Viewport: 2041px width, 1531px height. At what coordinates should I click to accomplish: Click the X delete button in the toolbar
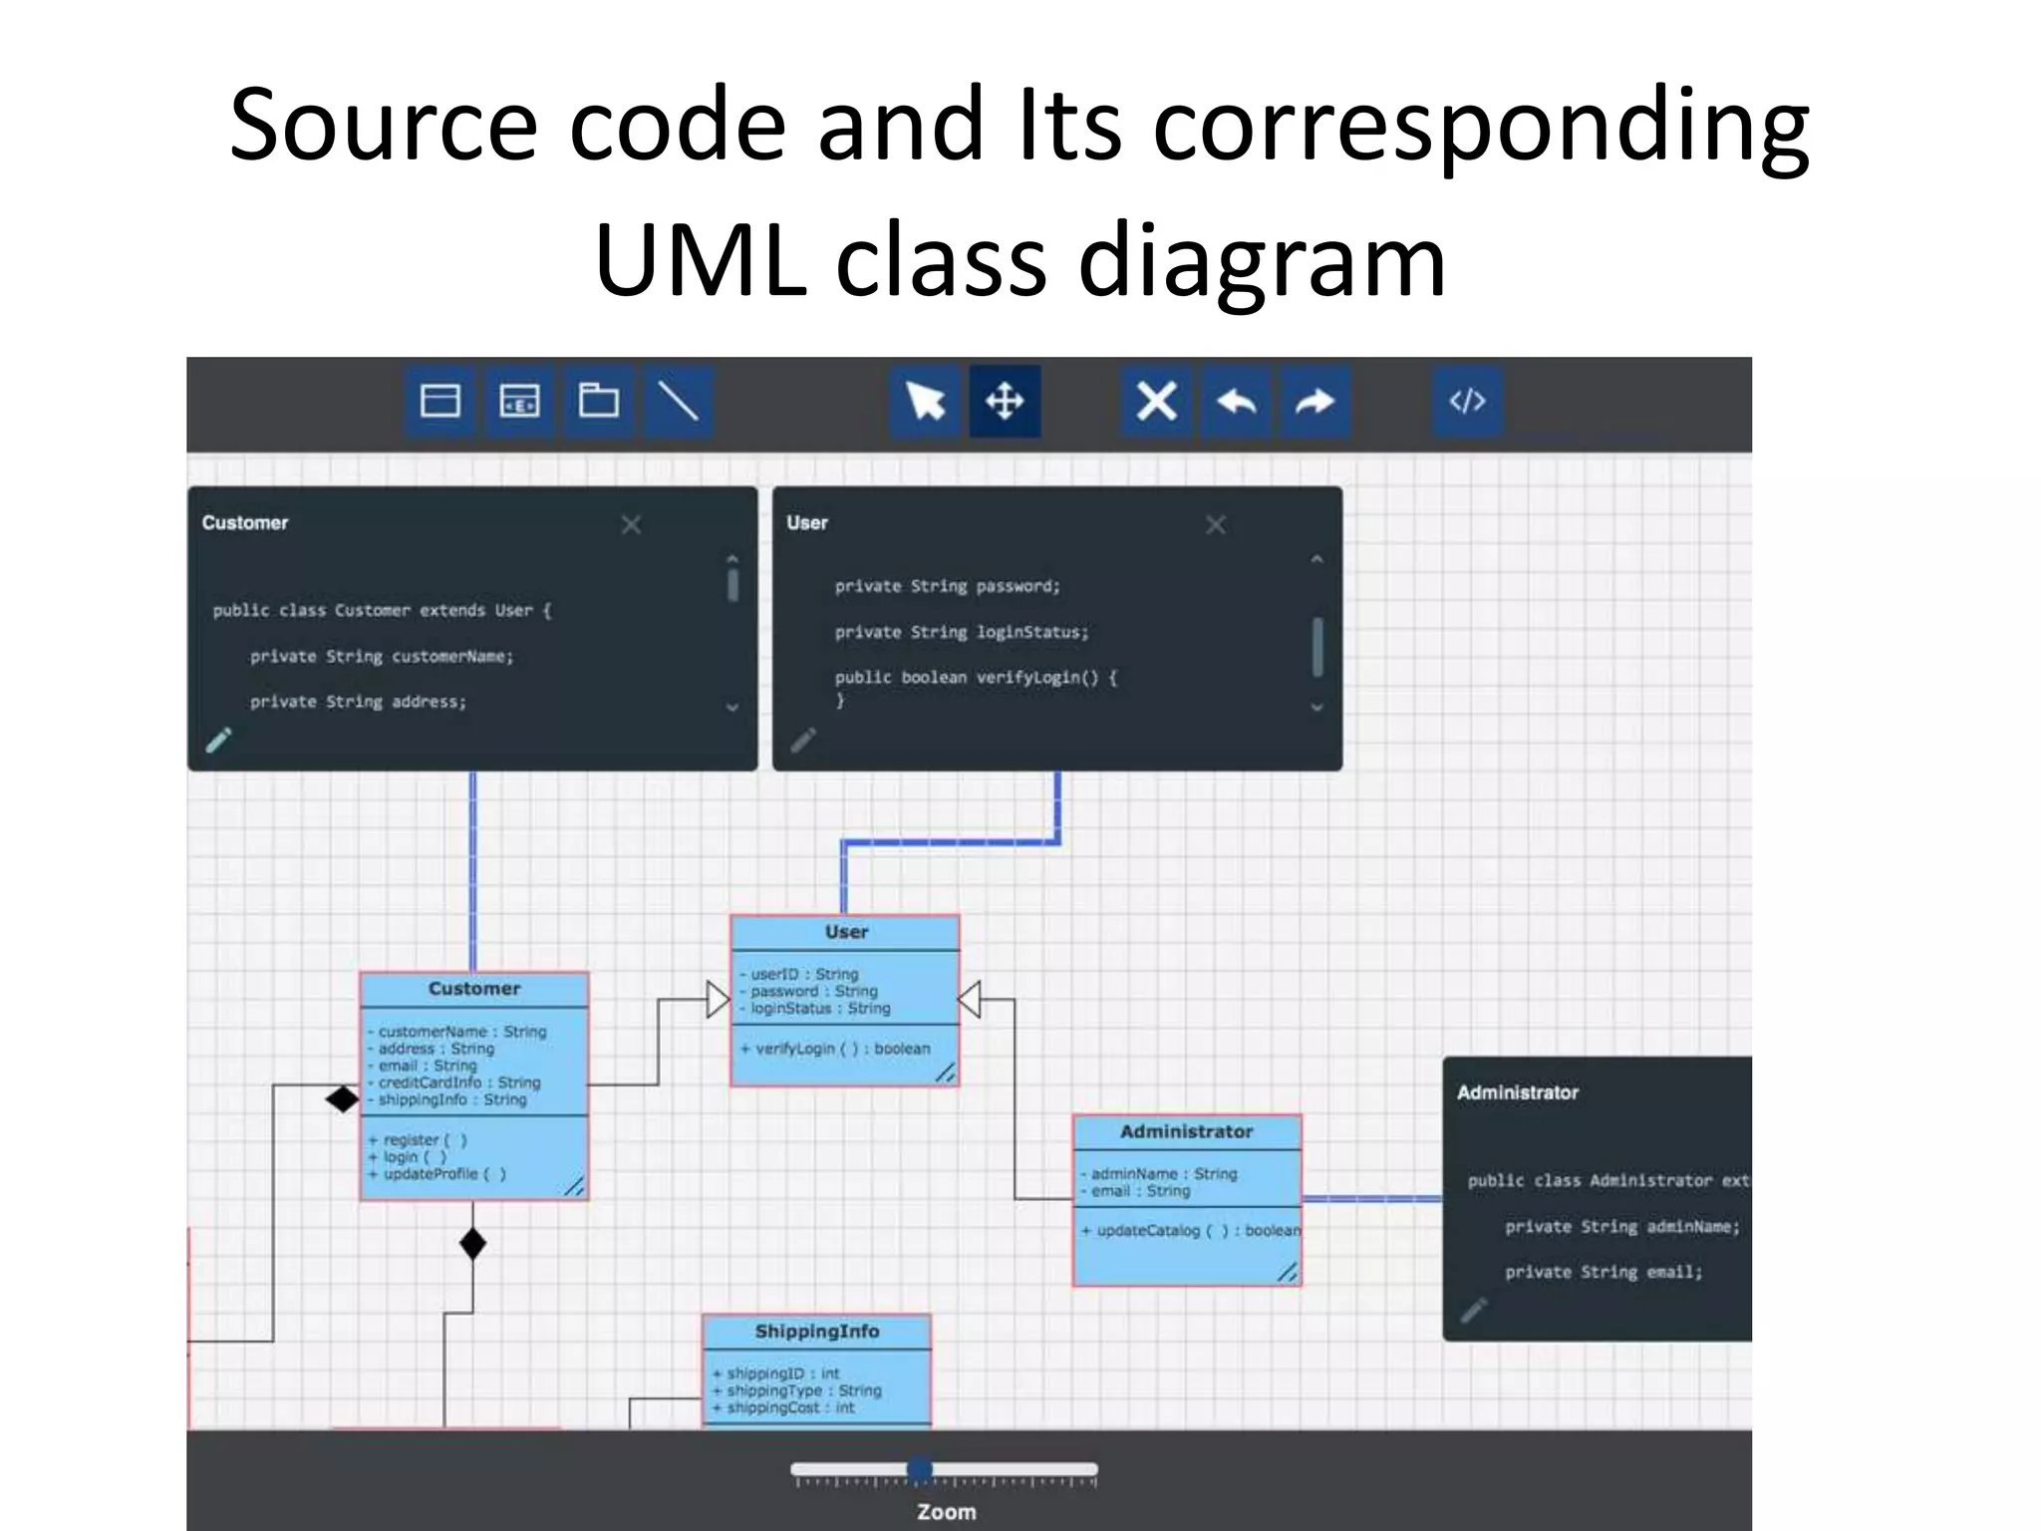point(1156,402)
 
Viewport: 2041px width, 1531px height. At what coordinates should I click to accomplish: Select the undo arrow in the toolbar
point(1236,402)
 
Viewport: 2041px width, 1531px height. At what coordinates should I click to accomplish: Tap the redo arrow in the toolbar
point(1314,402)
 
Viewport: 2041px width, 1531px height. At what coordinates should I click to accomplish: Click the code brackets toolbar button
point(1467,402)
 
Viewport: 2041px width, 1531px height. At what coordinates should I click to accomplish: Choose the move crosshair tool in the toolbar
point(1005,402)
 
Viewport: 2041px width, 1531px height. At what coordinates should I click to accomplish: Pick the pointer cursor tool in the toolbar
point(926,402)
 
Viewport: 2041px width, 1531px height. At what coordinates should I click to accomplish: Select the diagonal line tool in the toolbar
point(678,402)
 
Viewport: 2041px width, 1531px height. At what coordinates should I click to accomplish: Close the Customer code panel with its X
point(631,524)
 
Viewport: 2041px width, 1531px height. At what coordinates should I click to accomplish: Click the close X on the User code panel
point(1216,524)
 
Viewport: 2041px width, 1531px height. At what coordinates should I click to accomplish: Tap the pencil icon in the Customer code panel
point(218,740)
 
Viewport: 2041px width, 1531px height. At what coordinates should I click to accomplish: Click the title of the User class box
point(846,932)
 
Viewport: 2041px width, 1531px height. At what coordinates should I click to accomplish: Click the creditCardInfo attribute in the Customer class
point(458,1082)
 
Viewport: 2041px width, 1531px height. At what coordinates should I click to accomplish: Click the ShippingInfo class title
point(817,1332)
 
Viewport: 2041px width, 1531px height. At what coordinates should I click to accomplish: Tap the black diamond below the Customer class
point(473,1244)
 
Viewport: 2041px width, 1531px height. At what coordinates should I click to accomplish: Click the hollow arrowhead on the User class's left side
point(718,999)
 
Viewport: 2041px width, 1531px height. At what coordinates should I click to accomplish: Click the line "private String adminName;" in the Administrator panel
point(1621,1226)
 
